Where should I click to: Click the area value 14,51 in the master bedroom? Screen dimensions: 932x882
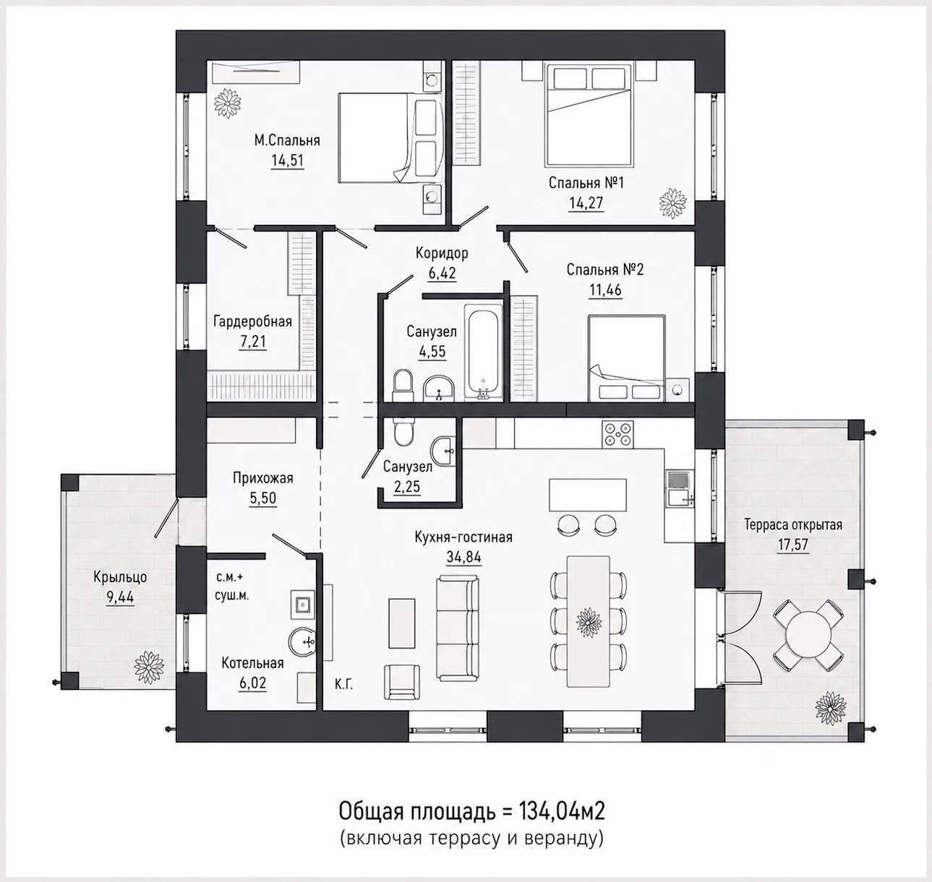coord(287,160)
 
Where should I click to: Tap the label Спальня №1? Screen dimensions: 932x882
coord(586,182)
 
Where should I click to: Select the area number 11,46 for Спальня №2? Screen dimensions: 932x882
coord(605,290)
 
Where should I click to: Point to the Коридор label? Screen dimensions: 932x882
coord(442,253)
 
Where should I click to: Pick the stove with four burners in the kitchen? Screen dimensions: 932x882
coord(617,434)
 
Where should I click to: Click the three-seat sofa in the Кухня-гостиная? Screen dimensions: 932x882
coord(458,628)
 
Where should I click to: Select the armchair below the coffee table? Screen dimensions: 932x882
coord(401,682)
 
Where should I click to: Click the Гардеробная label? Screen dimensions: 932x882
coord(252,321)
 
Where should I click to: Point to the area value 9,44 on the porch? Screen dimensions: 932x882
coord(120,597)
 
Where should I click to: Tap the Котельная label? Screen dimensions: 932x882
coord(252,662)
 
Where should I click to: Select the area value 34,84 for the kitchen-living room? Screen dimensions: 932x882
coord(463,557)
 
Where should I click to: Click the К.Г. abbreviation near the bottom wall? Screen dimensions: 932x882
coord(343,685)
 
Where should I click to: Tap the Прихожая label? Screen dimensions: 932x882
coord(262,478)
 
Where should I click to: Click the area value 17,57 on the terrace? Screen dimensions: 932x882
coord(792,545)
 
